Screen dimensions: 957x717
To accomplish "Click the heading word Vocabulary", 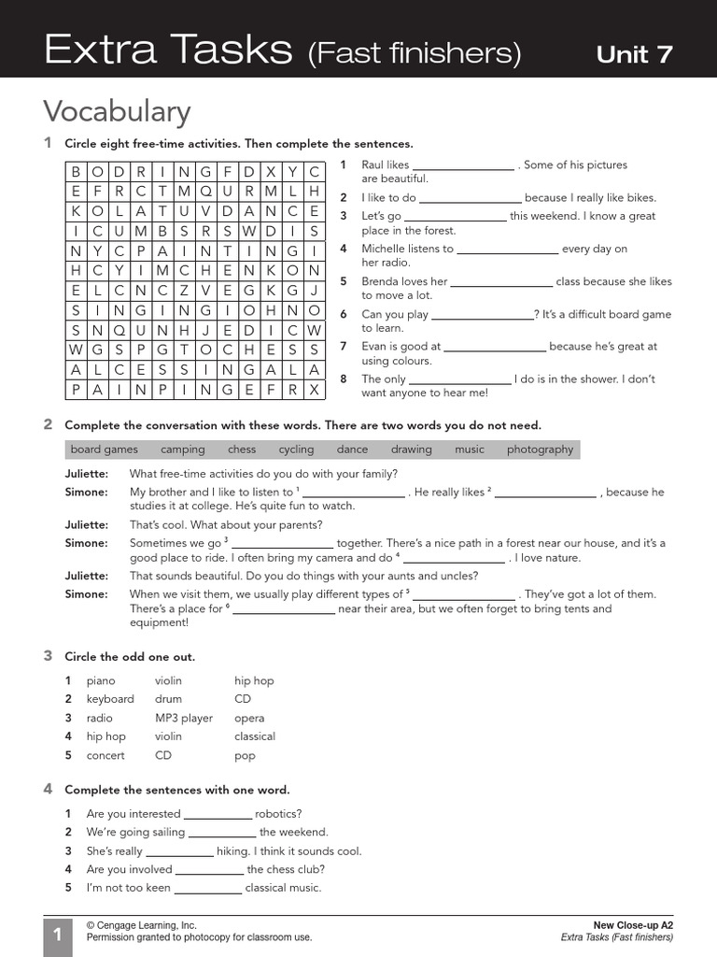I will pos(117,111).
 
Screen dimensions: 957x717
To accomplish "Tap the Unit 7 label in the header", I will pos(634,54).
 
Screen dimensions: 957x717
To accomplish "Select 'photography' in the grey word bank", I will pos(540,450).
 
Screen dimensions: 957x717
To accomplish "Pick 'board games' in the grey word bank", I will pos(104,450).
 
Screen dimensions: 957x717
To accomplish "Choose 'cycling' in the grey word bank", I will pos(296,450).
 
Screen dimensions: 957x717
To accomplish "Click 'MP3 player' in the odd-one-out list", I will pos(184,718).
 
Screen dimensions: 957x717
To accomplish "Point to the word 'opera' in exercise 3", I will pos(249,718).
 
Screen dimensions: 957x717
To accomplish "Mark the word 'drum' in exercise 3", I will pos(168,699).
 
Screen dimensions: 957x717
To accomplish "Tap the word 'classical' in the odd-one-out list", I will pos(255,736).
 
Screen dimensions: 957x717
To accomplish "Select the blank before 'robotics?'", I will pos(218,815).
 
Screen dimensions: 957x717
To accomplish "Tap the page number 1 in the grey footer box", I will pos(57,935).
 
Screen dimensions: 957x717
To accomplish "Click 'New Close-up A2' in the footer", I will pos(633,924).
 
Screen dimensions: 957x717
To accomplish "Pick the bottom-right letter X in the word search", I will pos(315,389).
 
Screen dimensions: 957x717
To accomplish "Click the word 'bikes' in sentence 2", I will pos(639,197).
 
